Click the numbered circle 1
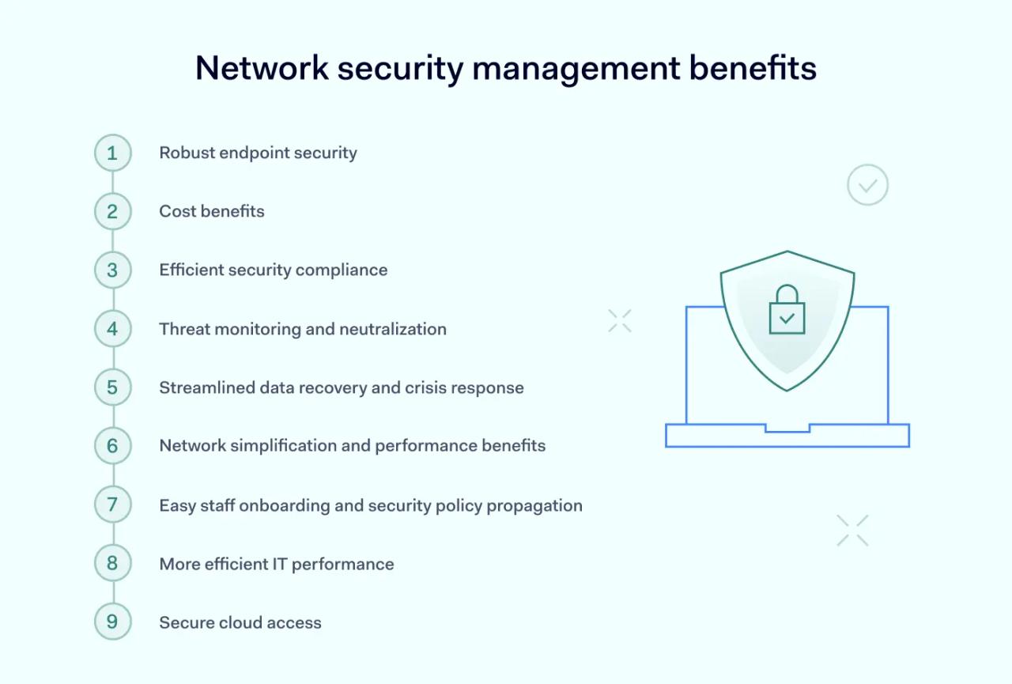point(112,153)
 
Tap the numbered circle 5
point(112,387)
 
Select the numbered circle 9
point(112,622)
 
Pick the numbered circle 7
point(112,504)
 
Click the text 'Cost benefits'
point(212,211)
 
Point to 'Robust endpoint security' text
point(258,153)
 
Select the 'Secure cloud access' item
point(240,622)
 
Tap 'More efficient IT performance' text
point(277,564)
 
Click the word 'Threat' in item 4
point(182,329)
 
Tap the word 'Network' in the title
point(262,68)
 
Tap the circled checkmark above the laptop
point(867,185)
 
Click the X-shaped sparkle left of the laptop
point(620,320)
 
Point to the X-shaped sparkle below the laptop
point(852,530)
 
